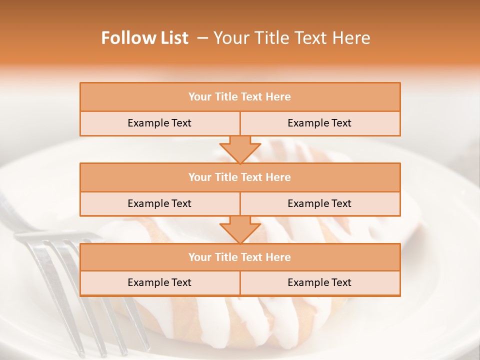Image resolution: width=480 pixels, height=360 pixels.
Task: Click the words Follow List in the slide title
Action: click(x=144, y=38)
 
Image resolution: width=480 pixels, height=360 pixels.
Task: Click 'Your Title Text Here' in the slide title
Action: click(x=291, y=38)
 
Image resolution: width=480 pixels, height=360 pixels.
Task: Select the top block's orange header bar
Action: click(x=240, y=97)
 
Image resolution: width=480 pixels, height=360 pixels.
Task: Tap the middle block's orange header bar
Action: click(x=240, y=177)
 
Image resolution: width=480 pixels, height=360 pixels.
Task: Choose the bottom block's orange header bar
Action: click(x=240, y=257)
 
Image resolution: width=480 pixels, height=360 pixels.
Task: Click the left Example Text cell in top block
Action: click(x=159, y=123)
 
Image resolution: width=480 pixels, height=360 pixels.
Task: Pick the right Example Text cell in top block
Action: click(x=319, y=123)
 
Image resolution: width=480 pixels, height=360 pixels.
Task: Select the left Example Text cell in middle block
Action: click(x=159, y=203)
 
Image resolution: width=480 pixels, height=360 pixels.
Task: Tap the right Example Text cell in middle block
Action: click(x=319, y=203)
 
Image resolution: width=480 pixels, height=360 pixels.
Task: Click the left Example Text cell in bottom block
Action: click(x=159, y=282)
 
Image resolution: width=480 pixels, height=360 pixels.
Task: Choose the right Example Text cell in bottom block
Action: click(x=319, y=282)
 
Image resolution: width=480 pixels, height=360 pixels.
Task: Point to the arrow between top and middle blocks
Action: click(x=240, y=149)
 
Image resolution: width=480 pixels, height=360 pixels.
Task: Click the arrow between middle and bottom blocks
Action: click(x=240, y=229)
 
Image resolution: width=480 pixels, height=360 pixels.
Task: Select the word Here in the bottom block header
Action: click(x=278, y=257)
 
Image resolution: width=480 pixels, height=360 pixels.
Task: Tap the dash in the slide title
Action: click(x=203, y=38)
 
